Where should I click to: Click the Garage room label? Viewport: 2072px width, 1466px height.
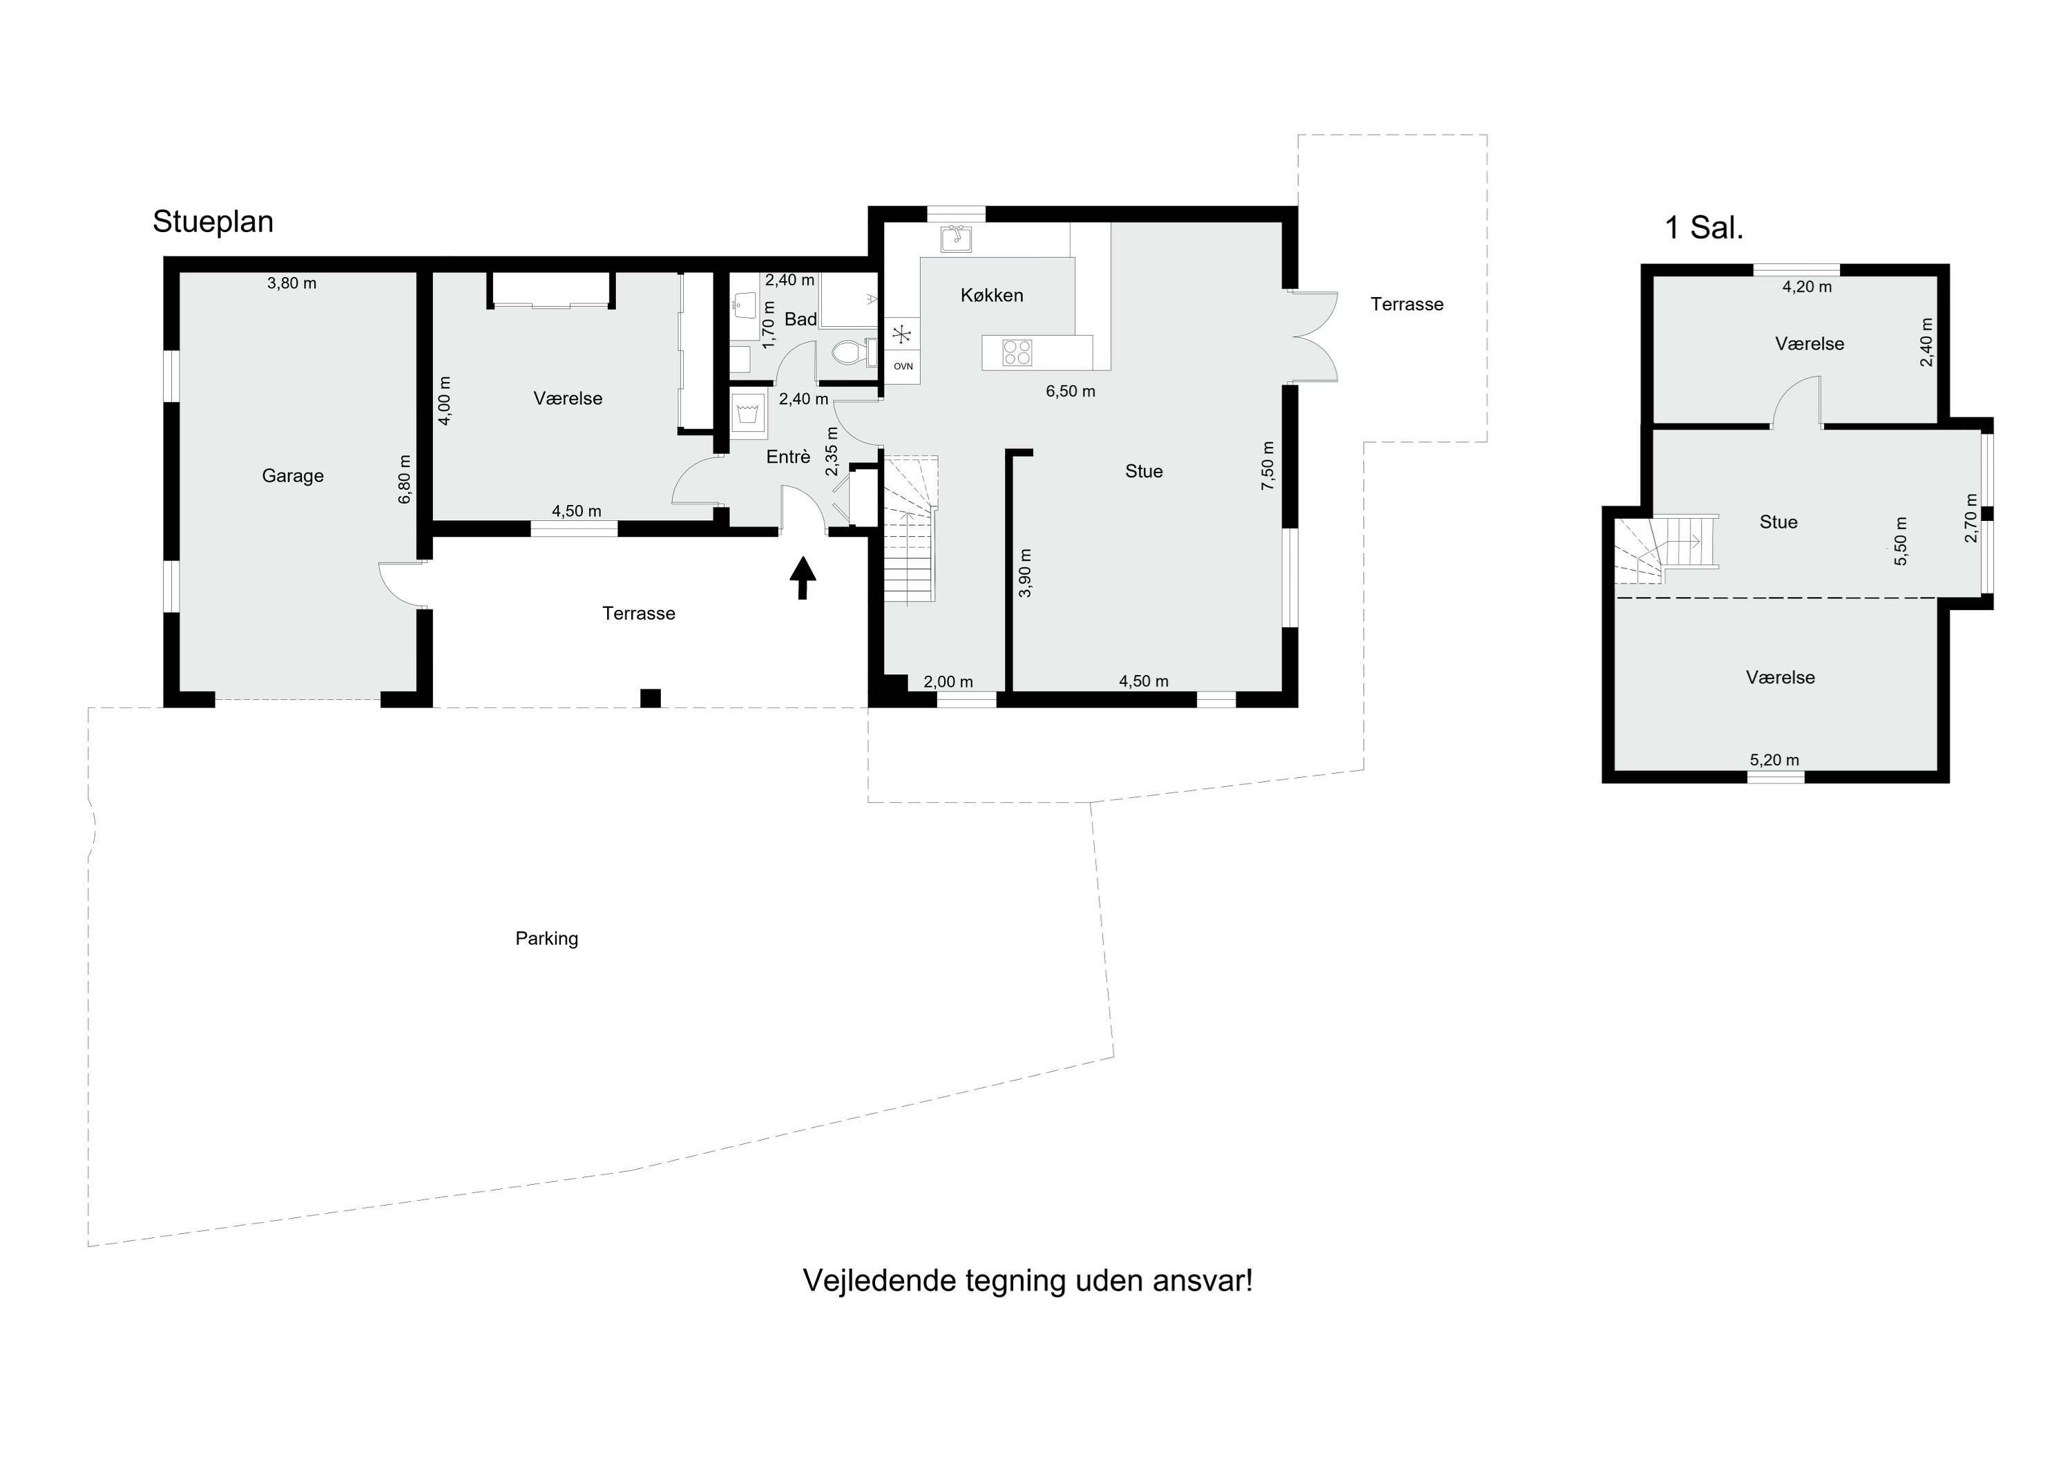point(292,476)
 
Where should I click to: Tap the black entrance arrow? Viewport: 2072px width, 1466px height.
point(803,578)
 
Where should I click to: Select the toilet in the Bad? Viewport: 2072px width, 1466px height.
point(853,352)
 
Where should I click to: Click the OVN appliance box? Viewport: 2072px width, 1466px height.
point(903,366)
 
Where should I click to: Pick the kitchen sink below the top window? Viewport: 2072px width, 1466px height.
point(956,238)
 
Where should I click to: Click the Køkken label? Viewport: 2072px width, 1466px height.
point(992,295)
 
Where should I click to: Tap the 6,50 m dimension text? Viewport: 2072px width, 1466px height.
point(1071,392)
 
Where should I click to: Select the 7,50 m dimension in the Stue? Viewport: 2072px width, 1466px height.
point(1268,466)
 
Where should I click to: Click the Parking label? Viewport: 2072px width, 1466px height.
point(547,939)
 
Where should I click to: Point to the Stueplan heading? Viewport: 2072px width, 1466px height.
point(213,222)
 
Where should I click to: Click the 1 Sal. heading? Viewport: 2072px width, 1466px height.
point(1704,229)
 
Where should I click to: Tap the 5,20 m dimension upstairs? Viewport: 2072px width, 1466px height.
point(1774,760)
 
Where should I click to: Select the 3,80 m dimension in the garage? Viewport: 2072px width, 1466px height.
point(291,283)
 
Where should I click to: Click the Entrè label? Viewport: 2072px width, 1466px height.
point(789,457)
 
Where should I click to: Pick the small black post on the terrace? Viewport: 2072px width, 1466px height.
point(650,698)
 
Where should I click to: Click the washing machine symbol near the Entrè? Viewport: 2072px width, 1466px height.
point(748,415)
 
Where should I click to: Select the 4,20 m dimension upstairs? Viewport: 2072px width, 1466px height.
point(1807,287)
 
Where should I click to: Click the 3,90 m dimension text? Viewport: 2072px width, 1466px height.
point(1024,573)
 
